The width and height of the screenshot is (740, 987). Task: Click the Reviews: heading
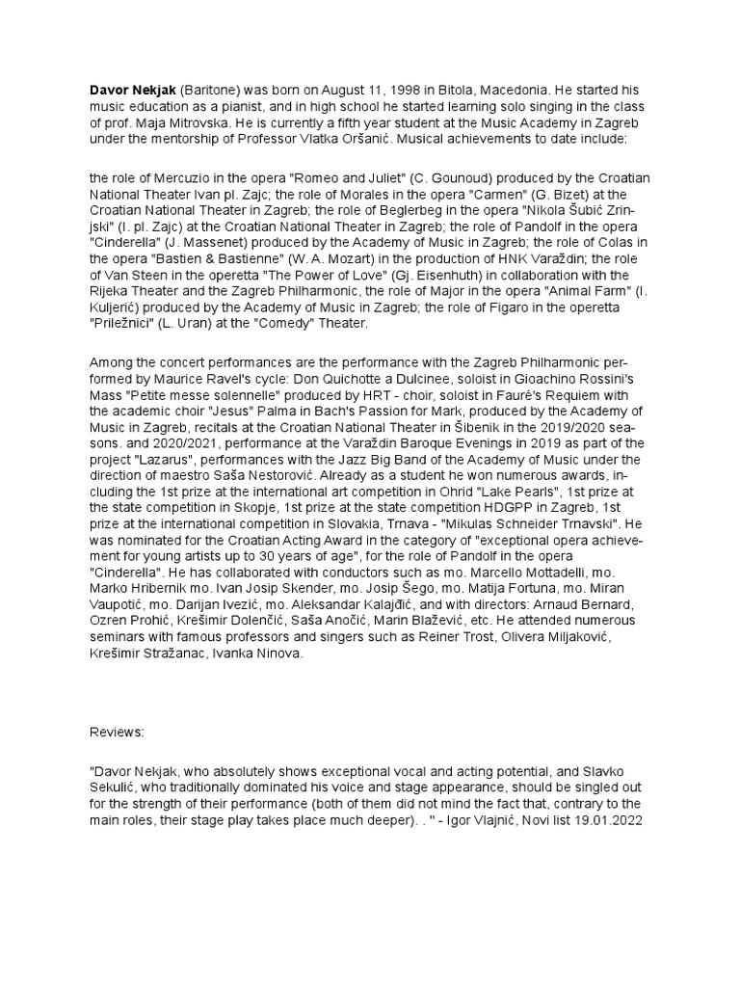pos(116,733)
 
